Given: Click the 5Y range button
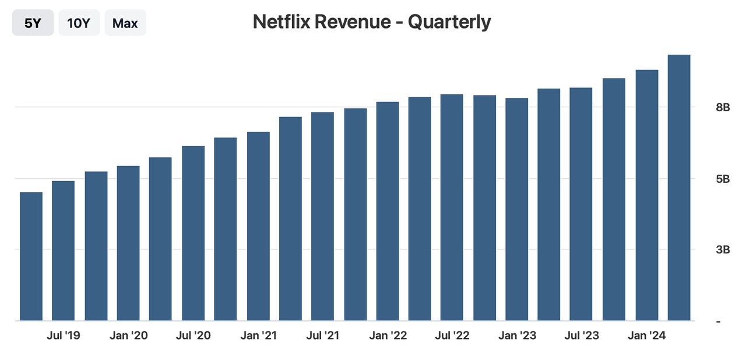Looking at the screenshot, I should pos(33,23).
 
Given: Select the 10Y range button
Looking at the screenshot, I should pos(79,23).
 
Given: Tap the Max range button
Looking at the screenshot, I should pos(125,23).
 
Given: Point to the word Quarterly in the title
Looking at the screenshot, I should pos(449,22).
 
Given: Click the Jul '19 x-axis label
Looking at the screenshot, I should pos(64,336).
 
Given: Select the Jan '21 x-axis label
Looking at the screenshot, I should pos(258,336).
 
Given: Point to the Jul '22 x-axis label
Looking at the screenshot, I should pos(452,336).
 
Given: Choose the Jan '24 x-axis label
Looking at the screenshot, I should pos(646,336).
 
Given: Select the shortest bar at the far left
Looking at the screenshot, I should pos(31,256).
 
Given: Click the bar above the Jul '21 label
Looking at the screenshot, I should pos(322,216).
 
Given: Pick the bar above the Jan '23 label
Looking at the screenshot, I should pos(517,209).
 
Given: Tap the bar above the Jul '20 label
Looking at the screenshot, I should pos(193,233).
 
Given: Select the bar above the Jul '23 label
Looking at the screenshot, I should pos(582,204).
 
